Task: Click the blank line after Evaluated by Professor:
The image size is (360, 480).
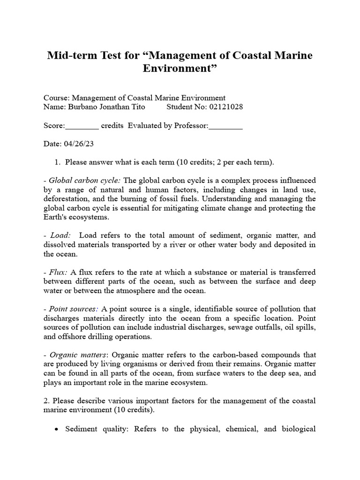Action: (x=225, y=126)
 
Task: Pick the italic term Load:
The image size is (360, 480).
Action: (x=60, y=236)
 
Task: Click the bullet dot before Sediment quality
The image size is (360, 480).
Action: (x=57, y=429)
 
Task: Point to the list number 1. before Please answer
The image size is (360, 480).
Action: (x=58, y=162)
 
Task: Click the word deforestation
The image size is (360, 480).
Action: (x=66, y=199)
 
